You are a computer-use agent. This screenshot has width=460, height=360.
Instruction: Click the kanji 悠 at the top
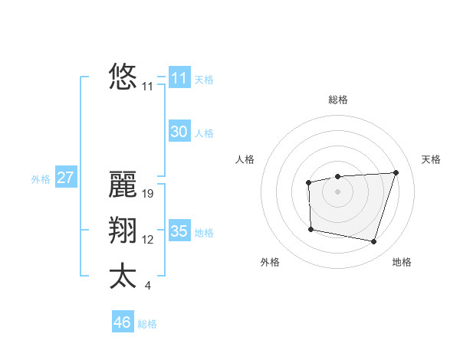[x=123, y=77]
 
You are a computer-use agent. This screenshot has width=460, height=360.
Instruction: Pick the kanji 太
[x=123, y=276]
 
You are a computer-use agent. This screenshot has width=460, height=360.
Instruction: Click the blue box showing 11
[x=179, y=78]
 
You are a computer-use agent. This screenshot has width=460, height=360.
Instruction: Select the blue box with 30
[x=179, y=132]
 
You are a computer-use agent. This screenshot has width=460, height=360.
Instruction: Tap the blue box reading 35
[x=179, y=231]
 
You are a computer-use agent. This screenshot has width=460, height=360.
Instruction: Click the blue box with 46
[x=123, y=322]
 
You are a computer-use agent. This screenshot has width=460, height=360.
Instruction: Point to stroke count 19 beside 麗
[x=149, y=195]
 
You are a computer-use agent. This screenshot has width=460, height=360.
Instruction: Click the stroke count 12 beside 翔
[x=148, y=240]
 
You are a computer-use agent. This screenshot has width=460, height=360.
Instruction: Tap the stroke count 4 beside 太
[x=148, y=286]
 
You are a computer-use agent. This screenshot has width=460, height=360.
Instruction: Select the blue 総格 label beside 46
[x=147, y=324]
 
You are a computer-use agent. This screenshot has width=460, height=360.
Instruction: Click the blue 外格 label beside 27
[x=41, y=179]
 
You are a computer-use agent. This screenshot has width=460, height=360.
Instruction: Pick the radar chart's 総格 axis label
[x=337, y=100]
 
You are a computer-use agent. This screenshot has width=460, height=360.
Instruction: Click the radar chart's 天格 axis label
[x=431, y=159]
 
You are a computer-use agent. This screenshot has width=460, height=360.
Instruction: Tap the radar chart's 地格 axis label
[x=402, y=262]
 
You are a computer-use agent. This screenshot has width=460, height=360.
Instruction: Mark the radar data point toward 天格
[x=396, y=172]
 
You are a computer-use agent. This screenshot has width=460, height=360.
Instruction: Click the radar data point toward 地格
[x=373, y=242]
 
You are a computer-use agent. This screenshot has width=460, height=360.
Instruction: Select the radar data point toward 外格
[x=310, y=229]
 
